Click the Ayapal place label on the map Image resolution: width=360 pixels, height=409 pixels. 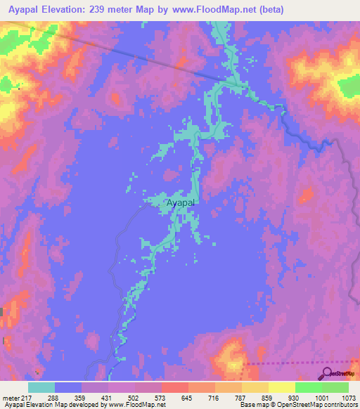[181, 203]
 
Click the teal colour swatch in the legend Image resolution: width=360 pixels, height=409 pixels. [41, 387]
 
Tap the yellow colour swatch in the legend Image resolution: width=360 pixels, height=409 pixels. [281, 387]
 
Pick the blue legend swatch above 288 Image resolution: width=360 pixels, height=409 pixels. [68, 387]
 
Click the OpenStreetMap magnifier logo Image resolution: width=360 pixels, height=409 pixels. [326, 373]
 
